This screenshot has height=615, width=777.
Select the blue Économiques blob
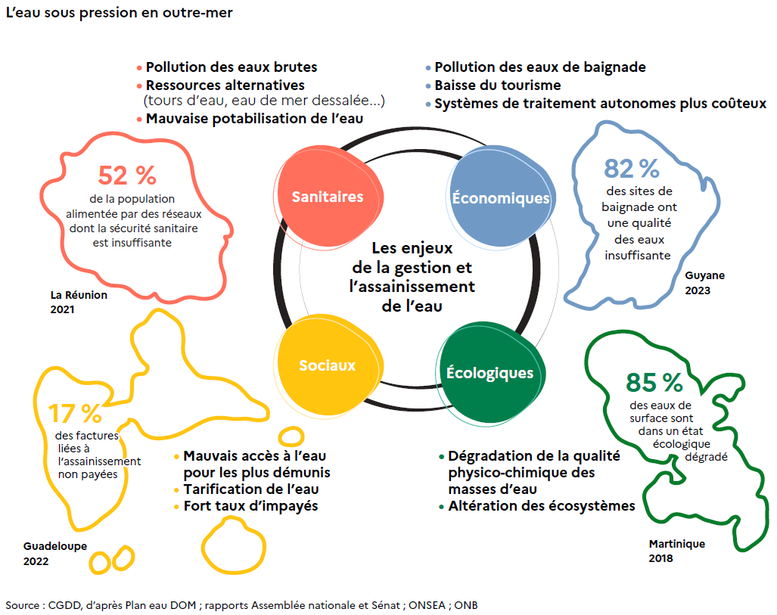click(x=499, y=198)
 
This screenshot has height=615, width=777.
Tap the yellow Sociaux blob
click(x=327, y=365)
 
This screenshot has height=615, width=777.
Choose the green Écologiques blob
click(x=490, y=373)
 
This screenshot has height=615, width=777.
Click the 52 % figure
click(x=127, y=175)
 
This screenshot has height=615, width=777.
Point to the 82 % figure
click(x=632, y=168)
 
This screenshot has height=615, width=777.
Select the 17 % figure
click(x=75, y=413)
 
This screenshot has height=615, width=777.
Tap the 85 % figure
click(x=654, y=382)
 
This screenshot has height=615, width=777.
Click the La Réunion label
click(x=79, y=295)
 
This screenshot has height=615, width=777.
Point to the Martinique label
click(x=676, y=544)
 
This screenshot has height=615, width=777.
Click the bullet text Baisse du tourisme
click(x=497, y=85)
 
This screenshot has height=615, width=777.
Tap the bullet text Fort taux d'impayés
click(x=250, y=506)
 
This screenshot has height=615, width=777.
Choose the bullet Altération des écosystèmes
click(x=541, y=506)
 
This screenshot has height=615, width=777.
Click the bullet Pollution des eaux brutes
click(x=232, y=67)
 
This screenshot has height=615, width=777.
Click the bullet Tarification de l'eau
click(x=250, y=489)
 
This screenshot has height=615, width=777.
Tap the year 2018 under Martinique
click(x=660, y=558)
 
